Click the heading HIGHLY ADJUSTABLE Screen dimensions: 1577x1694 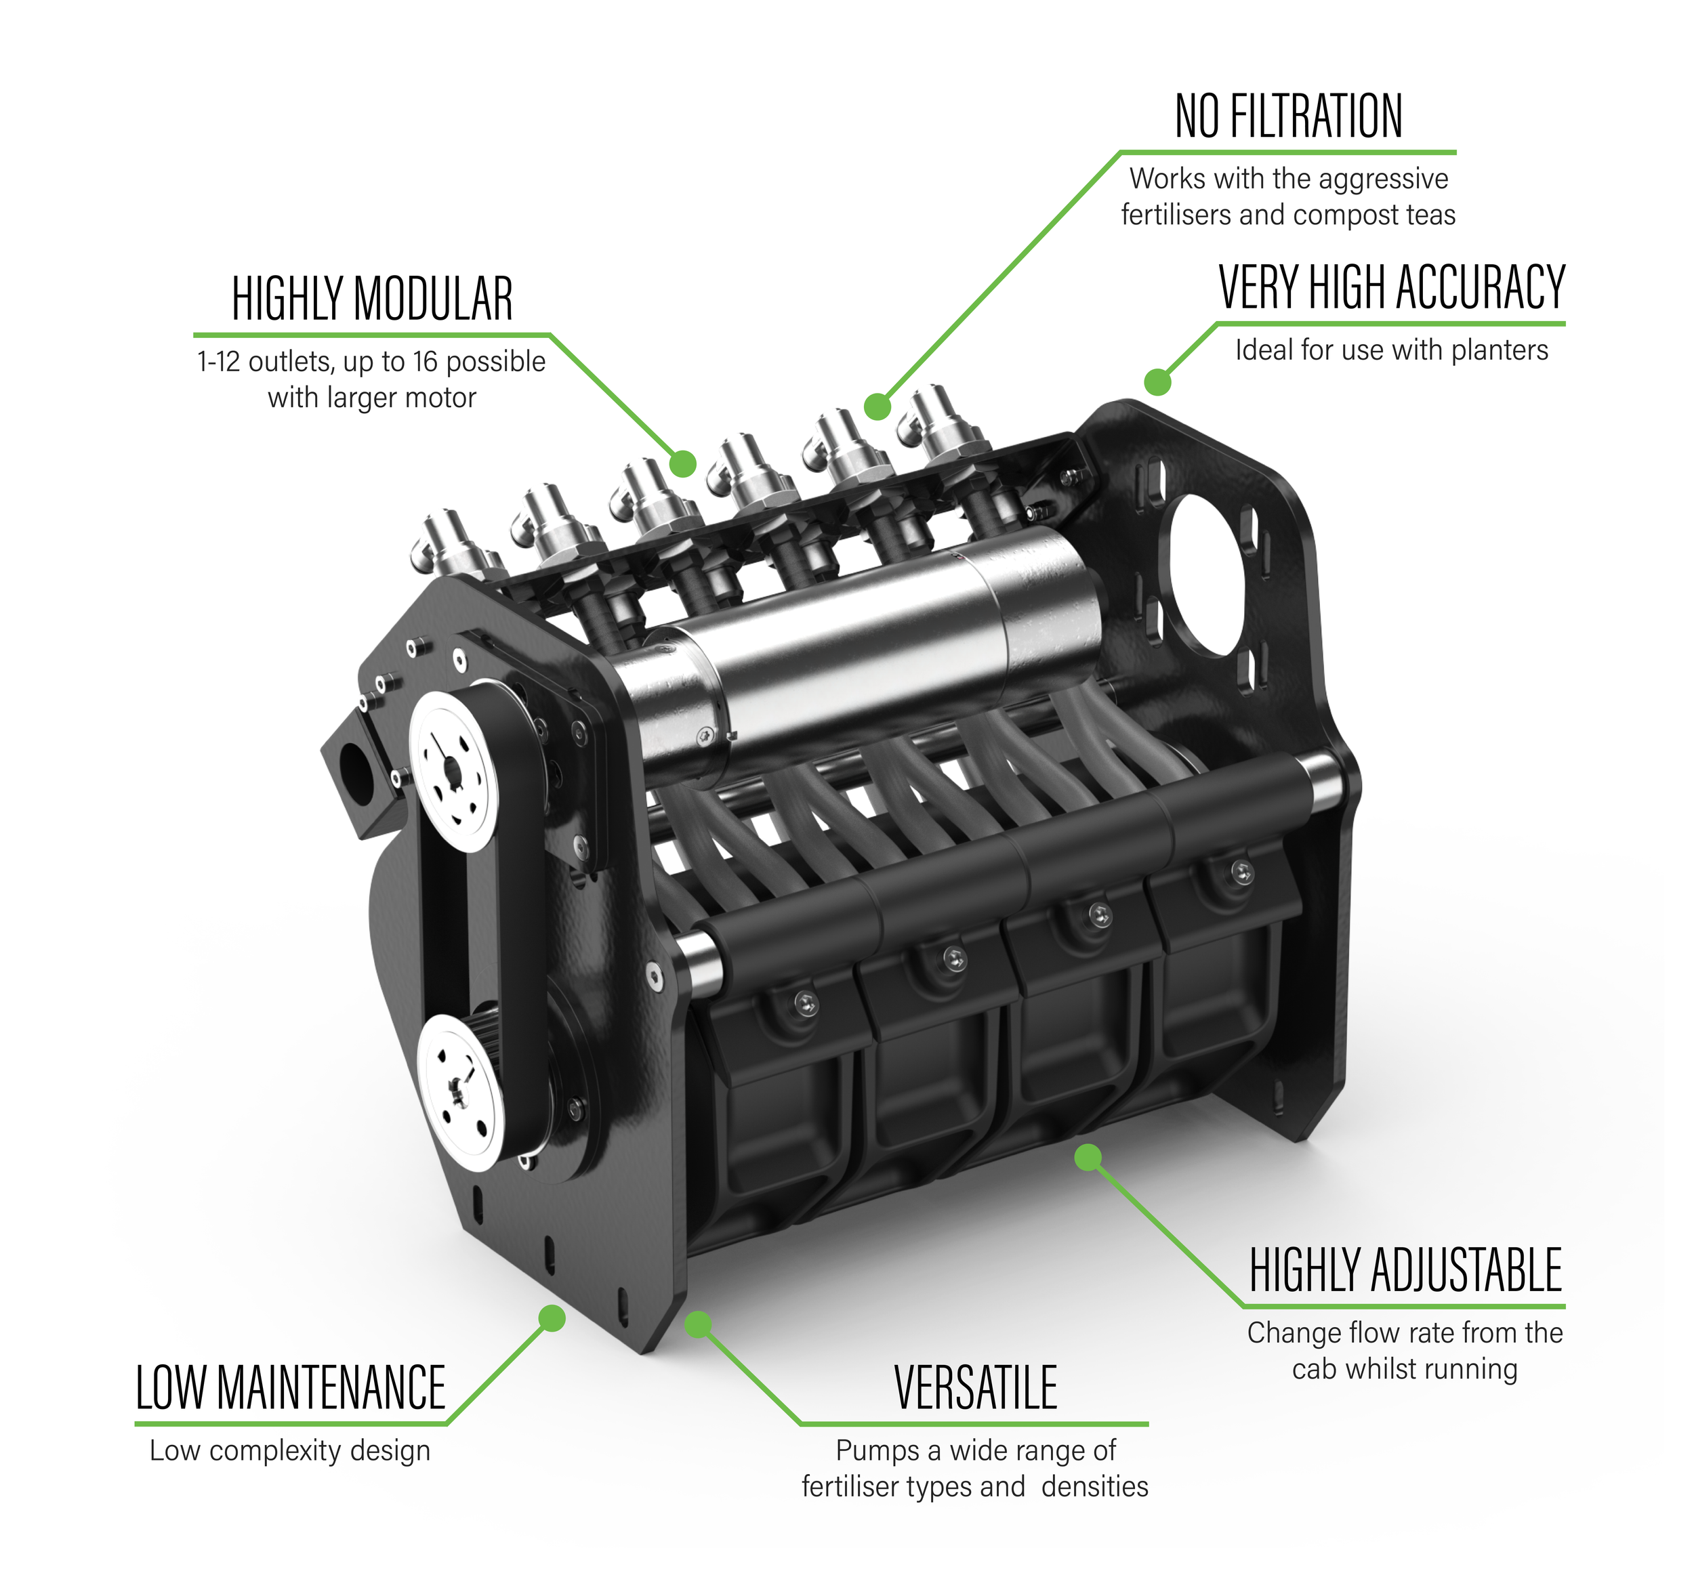[x=1405, y=1270]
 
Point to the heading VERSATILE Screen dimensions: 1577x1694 [x=976, y=1388]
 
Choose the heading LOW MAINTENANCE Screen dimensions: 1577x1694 [x=291, y=1388]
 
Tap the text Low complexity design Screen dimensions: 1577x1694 [x=290, y=1450]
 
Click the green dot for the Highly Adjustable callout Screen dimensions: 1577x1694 [x=1088, y=1157]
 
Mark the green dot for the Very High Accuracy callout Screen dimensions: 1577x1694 [x=1157, y=381]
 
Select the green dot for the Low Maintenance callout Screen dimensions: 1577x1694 [x=552, y=1318]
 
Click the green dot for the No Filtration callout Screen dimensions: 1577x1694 [x=877, y=406]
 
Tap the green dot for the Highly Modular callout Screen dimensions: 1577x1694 [x=682, y=463]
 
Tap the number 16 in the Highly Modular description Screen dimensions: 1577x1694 [x=426, y=362]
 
